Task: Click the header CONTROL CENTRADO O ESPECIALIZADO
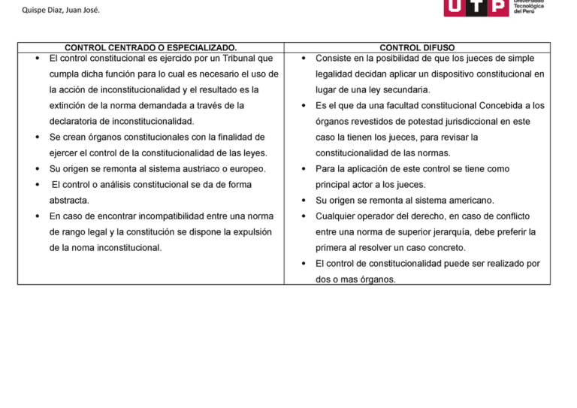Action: (150, 47)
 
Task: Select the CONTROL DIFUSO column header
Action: (417, 47)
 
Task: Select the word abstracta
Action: (69, 201)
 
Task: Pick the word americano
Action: (470, 201)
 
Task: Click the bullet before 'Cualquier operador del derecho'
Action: (303, 216)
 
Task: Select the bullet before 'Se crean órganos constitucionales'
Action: (37, 138)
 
